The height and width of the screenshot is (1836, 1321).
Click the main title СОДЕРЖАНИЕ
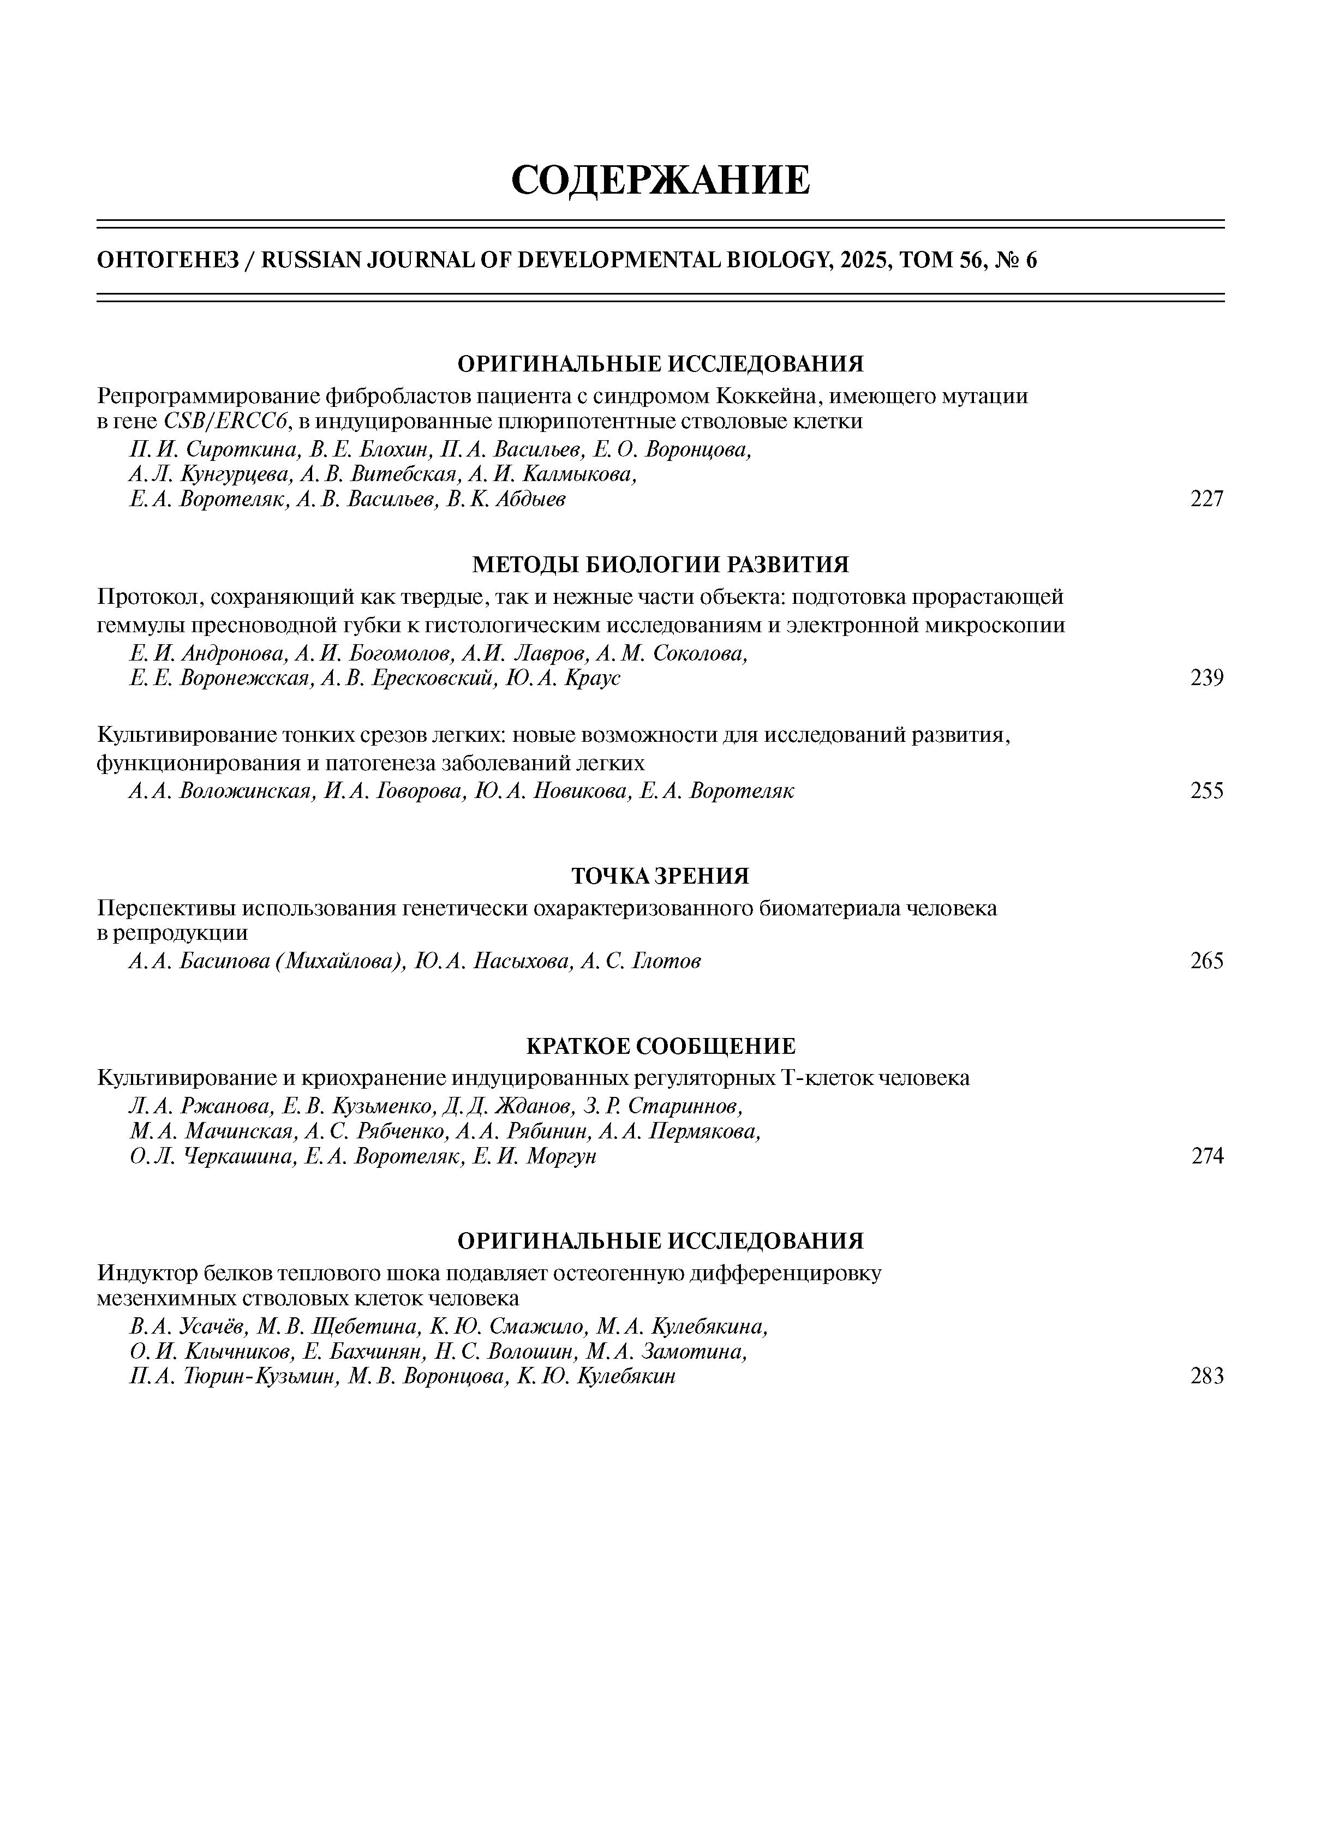click(660, 179)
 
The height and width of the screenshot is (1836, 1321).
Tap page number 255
click(1206, 791)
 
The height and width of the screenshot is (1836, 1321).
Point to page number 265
click(1206, 961)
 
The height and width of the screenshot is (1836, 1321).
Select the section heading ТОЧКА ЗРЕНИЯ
click(660, 876)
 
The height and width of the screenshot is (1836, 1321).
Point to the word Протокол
click(147, 597)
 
